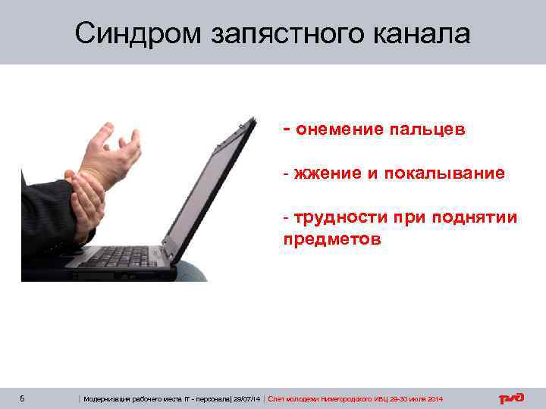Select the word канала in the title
click(419, 33)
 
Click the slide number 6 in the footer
click(24, 398)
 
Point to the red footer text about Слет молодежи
click(356, 399)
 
